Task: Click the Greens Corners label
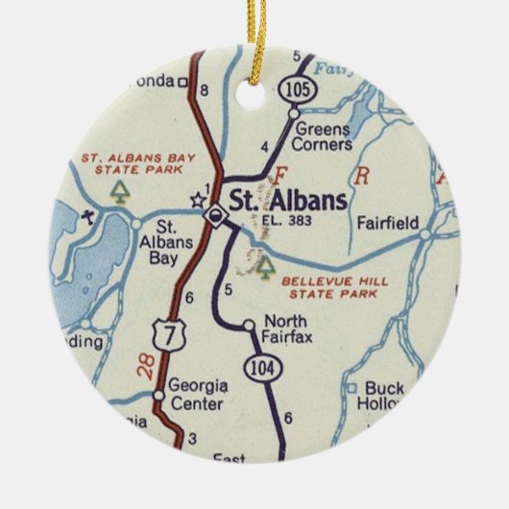(326, 136)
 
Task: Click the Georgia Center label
(197, 396)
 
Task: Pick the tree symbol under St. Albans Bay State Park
(120, 190)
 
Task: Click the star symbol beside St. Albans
(198, 200)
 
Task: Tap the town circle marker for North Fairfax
(250, 325)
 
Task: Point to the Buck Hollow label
(379, 397)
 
